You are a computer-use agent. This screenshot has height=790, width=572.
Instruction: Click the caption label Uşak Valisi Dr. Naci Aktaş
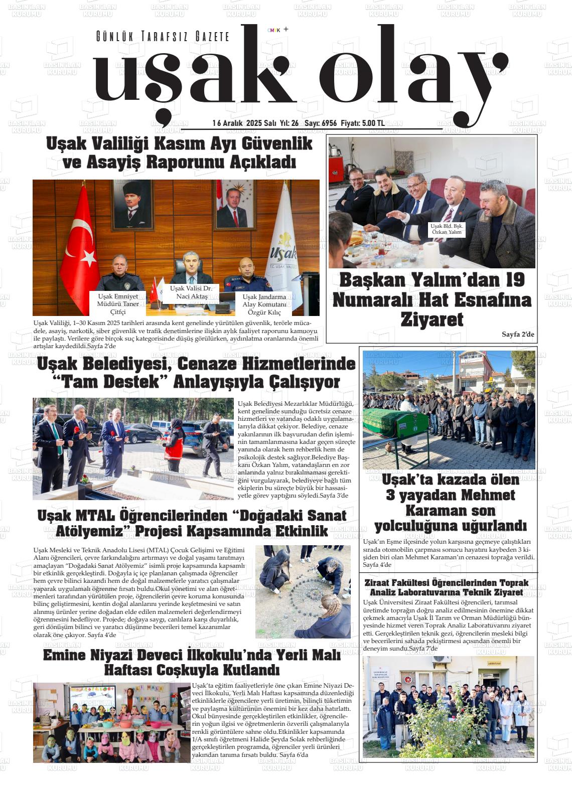click(x=191, y=292)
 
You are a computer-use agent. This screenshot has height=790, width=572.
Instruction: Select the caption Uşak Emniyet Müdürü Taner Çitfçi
click(x=118, y=304)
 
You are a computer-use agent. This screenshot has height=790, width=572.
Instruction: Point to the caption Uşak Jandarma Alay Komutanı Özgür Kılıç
click(x=264, y=304)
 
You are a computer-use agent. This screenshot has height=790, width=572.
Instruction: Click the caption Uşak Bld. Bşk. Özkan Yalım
click(x=447, y=229)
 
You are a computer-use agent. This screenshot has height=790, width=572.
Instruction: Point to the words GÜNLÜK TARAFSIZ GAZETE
click(x=163, y=37)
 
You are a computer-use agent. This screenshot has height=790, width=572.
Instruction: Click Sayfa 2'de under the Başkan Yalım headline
click(x=518, y=334)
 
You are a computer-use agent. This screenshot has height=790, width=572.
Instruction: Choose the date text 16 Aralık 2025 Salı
click(x=244, y=123)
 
